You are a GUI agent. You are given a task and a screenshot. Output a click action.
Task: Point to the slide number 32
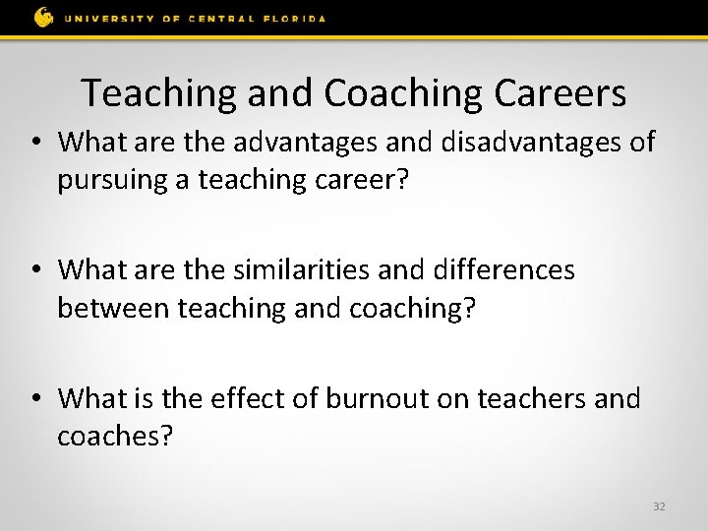pyautogui.click(x=659, y=506)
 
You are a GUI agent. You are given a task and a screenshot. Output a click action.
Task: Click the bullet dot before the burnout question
pyautogui.click(x=36, y=398)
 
